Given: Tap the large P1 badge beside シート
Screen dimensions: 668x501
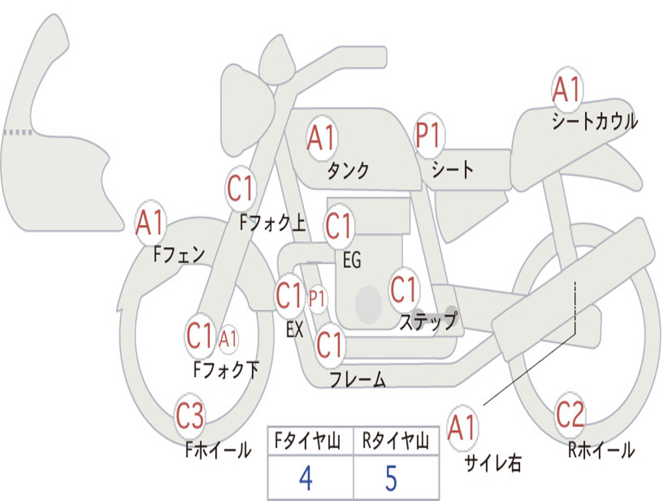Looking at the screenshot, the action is pos(429,136).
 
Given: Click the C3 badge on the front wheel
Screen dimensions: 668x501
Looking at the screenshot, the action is pos(190,416).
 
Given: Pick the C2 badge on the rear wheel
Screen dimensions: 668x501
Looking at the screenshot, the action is pos(569,414).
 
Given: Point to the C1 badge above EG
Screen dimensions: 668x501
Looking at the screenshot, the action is pos(338,226).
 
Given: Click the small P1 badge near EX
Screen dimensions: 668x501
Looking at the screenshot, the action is pos(317,299).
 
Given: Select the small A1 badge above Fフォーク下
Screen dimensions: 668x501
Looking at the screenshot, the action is pos(228,339).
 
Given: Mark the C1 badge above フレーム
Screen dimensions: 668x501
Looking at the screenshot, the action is pos(329,344).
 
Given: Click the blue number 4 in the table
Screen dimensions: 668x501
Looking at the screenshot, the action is pos(305,478).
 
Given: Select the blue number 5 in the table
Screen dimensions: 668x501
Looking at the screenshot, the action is pos(391,478).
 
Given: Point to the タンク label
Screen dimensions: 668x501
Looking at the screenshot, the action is pos(348,171).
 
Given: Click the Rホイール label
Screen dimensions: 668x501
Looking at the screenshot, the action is pos(601,450).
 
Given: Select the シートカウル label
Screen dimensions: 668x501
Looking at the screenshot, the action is pos(594,122).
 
